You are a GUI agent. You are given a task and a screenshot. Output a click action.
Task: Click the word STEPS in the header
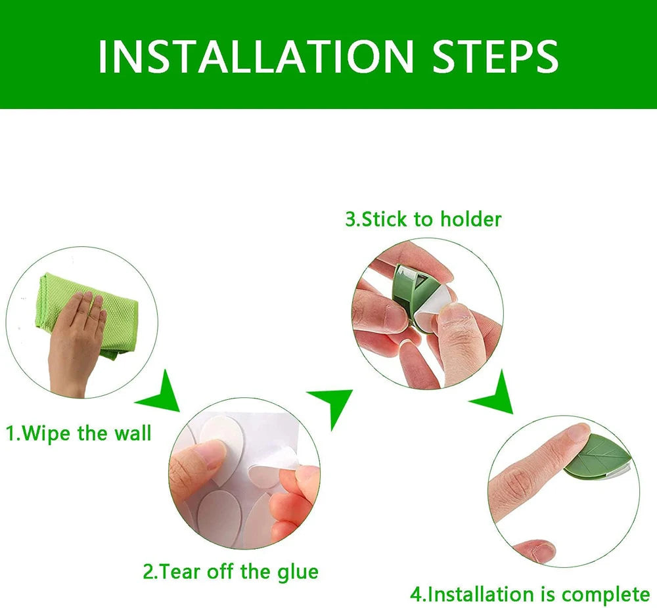click(495, 56)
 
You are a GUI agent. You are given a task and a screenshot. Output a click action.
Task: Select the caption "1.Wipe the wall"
click(79, 434)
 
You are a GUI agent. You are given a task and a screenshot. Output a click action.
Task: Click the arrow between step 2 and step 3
click(332, 404)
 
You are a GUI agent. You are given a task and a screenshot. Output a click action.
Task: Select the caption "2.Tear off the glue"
click(231, 571)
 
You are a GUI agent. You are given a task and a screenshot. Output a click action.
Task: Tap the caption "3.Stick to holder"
click(423, 219)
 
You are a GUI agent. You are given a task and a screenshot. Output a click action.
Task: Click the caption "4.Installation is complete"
click(530, 595)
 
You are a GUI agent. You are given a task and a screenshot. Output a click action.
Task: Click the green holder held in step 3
click(404, 289)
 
